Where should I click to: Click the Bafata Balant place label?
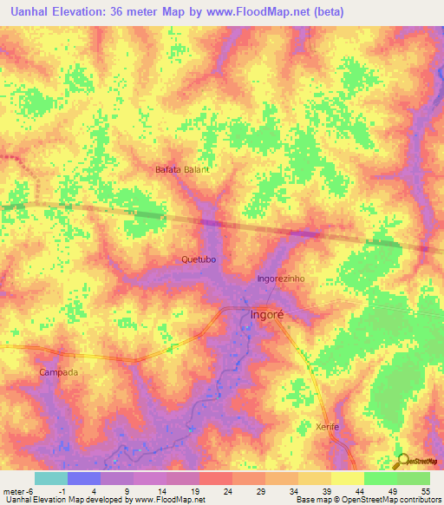(182, 169)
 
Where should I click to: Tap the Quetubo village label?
(199, 259)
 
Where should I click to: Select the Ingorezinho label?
(280, 279)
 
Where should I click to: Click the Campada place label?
(59, 372)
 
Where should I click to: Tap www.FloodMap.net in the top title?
(251, 12)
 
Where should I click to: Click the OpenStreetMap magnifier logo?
(402, 461)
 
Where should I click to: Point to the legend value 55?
(425, 491)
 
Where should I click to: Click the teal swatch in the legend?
(50, 478)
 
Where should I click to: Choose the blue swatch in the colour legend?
(83, 478)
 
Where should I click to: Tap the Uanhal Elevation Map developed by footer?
(65, 500)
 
